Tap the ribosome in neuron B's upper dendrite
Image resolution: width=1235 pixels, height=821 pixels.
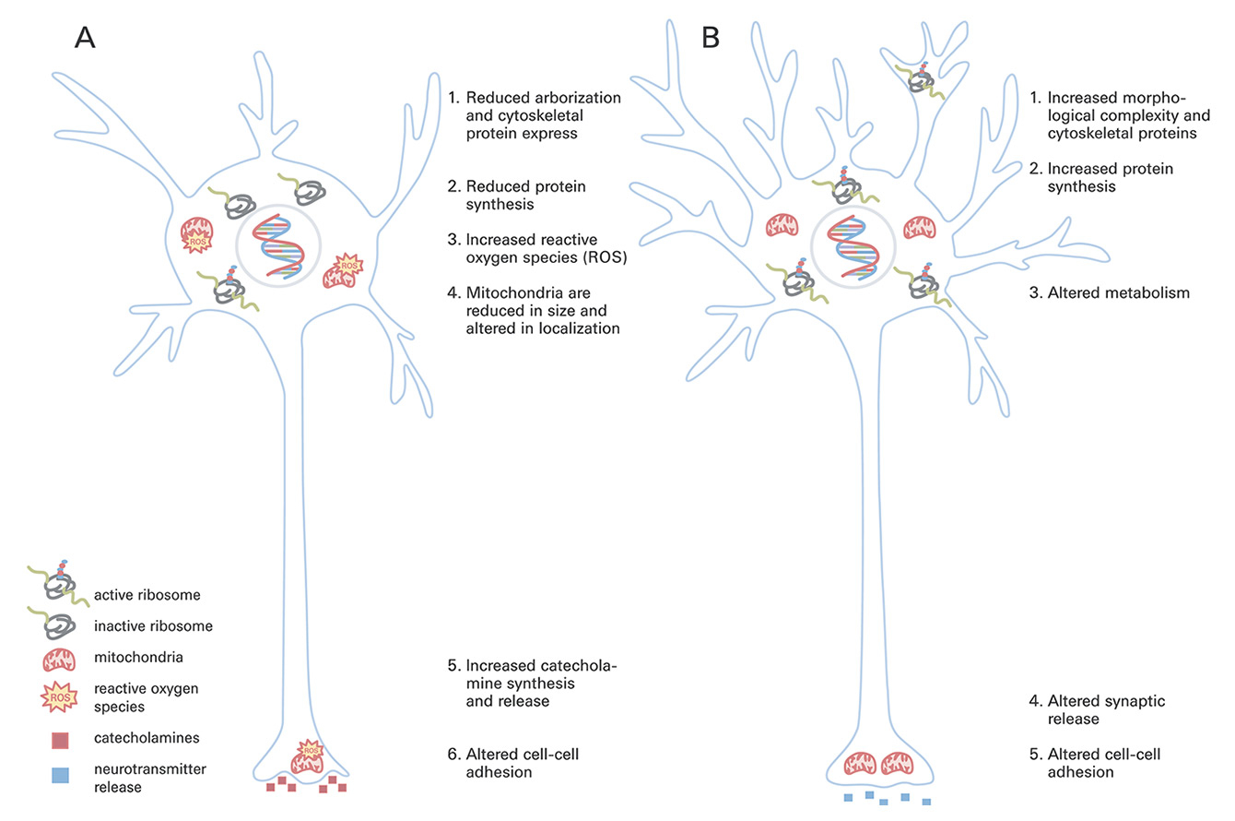pos(923,79)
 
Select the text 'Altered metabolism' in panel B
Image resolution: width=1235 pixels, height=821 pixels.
pos(1111,293)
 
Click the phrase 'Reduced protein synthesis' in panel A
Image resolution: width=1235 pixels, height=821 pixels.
pos(525,195)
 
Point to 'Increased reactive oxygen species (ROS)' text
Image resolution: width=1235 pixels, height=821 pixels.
pos(546,249)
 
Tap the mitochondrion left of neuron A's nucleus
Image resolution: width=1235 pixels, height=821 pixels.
pos(195,235)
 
